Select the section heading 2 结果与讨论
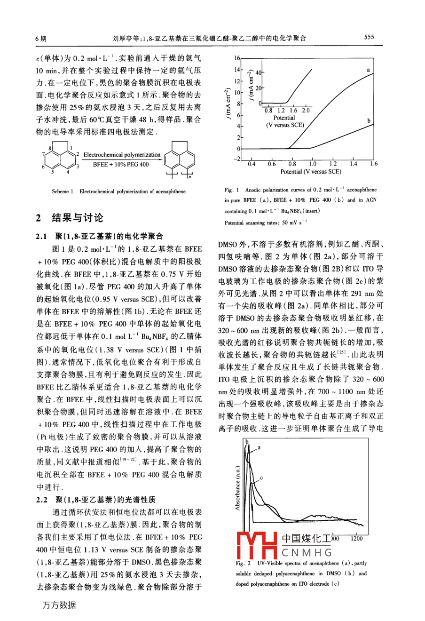point(70,218)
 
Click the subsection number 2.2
point(42,500)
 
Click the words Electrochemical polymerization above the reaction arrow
point(122,155)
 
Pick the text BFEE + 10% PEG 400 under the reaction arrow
point(121,165)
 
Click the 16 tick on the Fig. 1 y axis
point(237,58)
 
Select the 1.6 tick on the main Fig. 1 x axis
point(373,164)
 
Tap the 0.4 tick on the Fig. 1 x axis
point(252,164)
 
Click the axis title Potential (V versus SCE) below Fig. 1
point(311,172)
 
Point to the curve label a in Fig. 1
point(368,69)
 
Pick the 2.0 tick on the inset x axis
point(306,111)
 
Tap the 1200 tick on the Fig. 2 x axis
point(356,539)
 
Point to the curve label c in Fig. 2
point(261,478)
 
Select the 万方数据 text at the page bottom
point(59,605)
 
